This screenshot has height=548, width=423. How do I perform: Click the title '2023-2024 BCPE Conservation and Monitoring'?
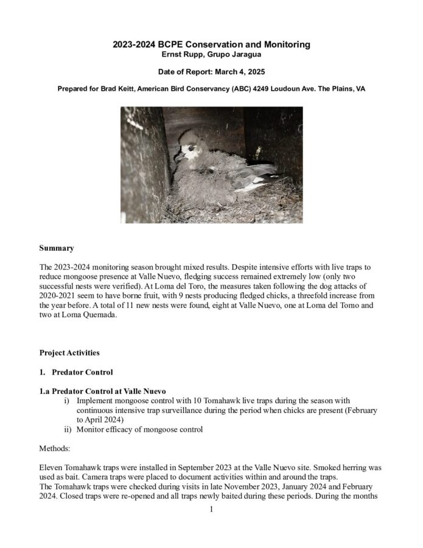[x=211, y=44]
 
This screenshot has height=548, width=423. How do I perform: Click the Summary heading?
[x=57, y=248]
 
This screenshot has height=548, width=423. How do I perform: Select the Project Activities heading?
[x=69, y=353]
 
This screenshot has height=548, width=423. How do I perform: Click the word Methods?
[x=56, y=448]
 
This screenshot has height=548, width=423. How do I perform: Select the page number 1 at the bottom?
[x=211, y=509]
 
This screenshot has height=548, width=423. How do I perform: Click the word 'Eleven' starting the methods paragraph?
[x=51, y=467]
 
